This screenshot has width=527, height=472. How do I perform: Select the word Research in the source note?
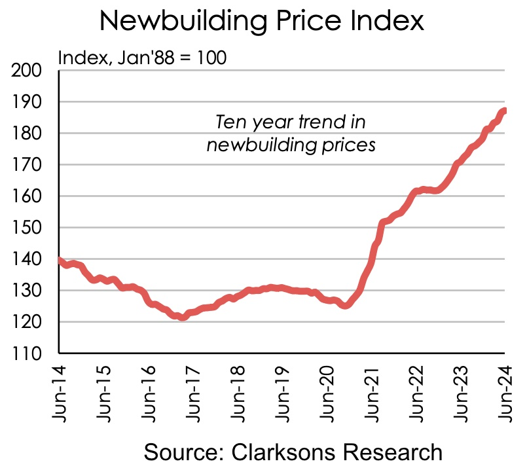pyautogui.click(x=399, y=452)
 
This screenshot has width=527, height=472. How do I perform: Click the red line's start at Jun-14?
pyautogui.click(x=60, y=261)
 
